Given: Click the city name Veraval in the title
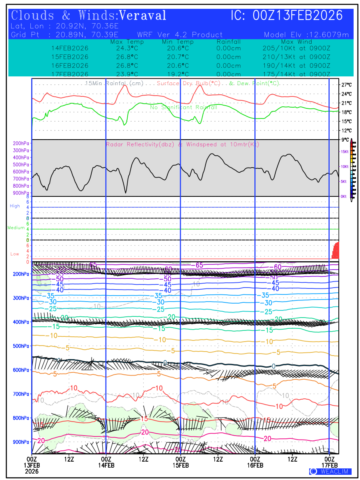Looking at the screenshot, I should [x=143, y=16].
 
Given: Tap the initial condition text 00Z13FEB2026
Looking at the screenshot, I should [x=298, y=16].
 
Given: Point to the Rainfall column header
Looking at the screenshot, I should [x=228, y=42].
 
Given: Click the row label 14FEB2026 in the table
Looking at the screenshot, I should [x=70, y=48].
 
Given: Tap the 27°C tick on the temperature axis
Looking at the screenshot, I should [x=346, y=85].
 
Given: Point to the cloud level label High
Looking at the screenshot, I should [x=15, y=206].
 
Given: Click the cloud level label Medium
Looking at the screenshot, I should [x=16, y=228].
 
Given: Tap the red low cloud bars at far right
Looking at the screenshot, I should [x=336, y=251].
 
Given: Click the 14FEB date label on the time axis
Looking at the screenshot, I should [x=106, y=465].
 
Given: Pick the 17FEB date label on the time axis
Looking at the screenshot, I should [x=330, y=465].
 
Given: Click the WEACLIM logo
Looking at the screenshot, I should [x=330, y=471].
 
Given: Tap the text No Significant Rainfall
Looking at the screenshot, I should [x=184, y=108].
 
